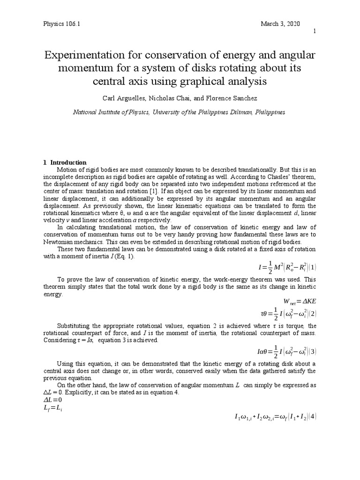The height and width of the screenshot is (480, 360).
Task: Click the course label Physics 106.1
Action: coord(61,24)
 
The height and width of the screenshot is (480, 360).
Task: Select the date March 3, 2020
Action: coord(280,24)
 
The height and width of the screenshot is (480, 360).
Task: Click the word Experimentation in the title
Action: coord(89,56)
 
